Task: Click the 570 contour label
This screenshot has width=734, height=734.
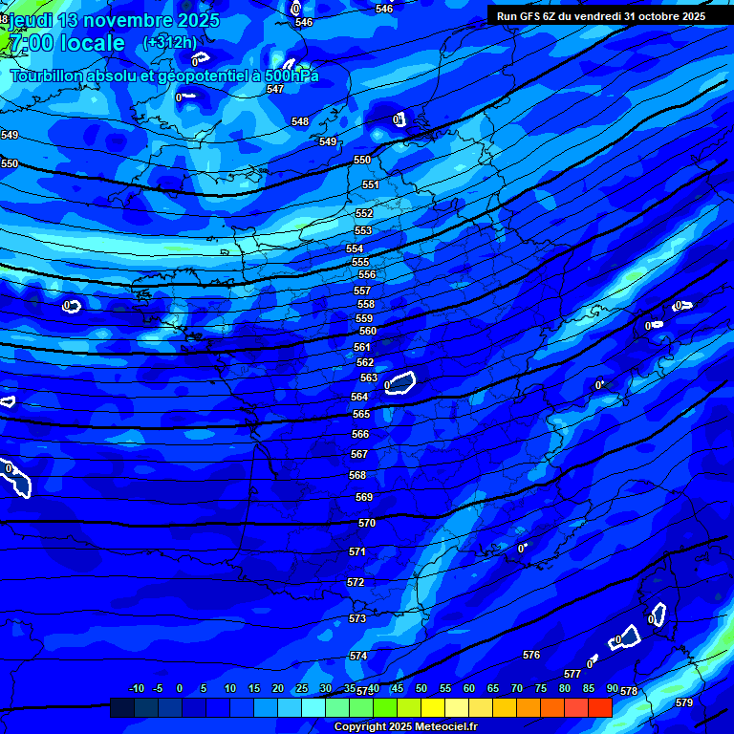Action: (x=367, y=524)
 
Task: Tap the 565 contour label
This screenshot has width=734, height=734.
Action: (x=360, y=414)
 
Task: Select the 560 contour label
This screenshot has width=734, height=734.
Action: (x=368, y=331)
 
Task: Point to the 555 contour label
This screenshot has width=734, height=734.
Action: (x=359, y=262)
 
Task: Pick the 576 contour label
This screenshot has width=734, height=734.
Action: (x=531, y=655)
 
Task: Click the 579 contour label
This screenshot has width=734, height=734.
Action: (x=683, y=702)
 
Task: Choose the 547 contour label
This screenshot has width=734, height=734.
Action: (x=275, y=89)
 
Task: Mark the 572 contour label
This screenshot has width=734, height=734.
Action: (x=356, y=582)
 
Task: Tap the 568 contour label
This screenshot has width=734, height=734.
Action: (x=357, y=475)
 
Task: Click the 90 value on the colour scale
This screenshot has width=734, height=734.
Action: (x=612, y=688)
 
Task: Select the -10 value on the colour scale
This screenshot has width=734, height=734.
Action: (x=136, y=688)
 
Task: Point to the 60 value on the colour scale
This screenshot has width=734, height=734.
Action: (x=469, y=688)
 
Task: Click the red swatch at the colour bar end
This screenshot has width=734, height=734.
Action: (x=600, y=707)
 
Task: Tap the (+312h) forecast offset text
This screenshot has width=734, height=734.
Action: (x=170, y=42)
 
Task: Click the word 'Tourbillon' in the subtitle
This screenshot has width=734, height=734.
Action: (x=47, y=76)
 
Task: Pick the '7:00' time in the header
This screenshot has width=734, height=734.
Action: (x=27, y=43)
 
